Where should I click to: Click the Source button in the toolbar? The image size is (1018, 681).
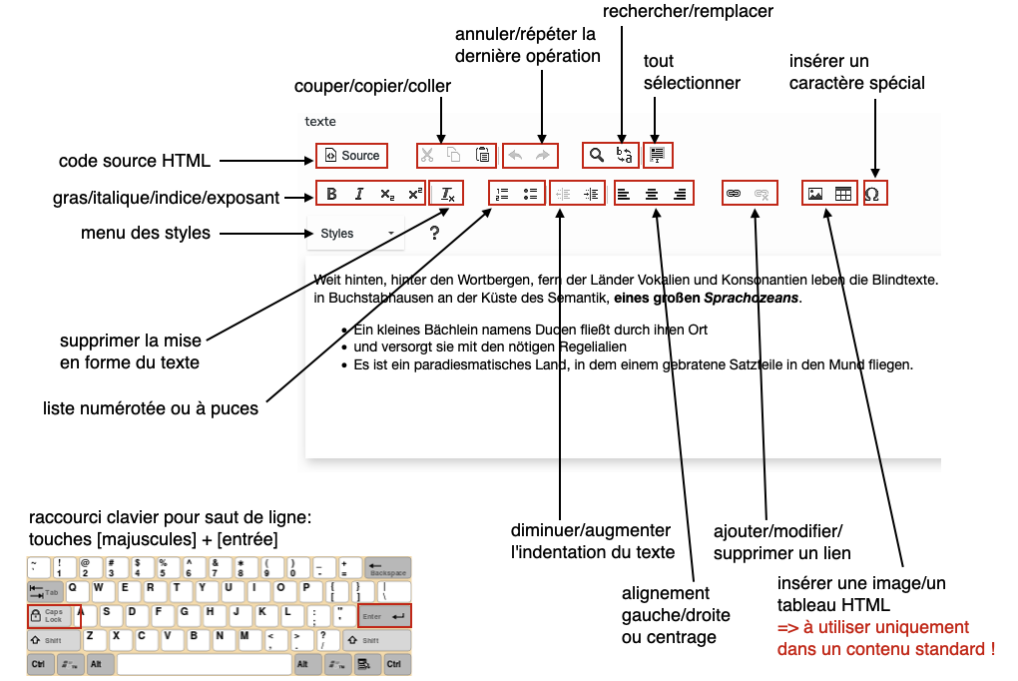coord(352,156)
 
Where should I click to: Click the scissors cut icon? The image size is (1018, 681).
coord(427,155)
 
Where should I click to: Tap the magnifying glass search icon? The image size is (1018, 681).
coord(596,155)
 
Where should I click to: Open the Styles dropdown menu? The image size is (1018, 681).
coord(355,234)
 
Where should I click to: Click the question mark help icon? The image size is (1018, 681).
coord(434,234)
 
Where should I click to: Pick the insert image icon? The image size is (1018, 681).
coord(815,194)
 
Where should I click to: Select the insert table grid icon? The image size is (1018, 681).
coord(843,194)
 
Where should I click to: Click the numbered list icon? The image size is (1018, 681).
coord(503,194)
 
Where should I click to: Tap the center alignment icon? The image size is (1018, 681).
coord(652,194)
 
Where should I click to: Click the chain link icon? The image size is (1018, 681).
coord(734,194)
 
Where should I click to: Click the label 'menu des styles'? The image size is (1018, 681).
coord(146,234)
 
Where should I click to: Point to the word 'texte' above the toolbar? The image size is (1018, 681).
coord(320,121)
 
